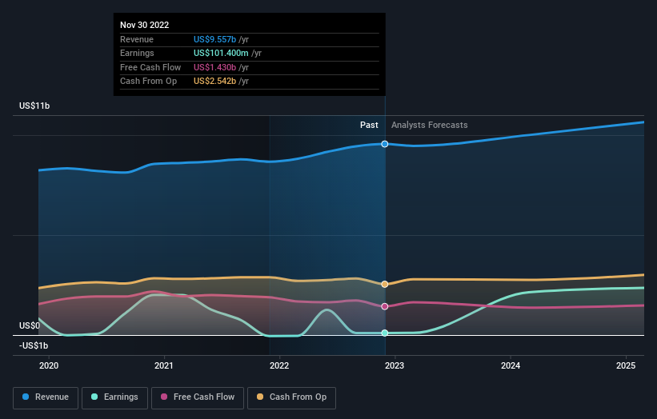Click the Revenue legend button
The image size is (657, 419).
point(46,397)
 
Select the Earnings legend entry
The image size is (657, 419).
point(114,397)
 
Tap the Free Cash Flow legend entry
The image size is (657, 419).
point(198,397)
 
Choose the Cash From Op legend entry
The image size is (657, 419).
point(291,397)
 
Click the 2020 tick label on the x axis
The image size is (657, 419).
point(49,365)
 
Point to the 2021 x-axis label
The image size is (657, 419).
point(164,365)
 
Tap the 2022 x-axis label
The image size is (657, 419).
point(279,365)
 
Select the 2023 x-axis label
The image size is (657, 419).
point(395,365)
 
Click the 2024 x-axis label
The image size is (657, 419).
point(511,365)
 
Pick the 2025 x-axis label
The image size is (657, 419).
point(626,365)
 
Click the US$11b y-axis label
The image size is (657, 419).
point(34,106)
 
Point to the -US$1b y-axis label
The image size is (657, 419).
point(34,345)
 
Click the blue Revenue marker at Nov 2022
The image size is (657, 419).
point(385,144)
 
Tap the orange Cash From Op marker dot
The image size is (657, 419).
point(385,284)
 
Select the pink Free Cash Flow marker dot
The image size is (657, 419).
point(385,306)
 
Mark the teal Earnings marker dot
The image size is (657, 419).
point(385,333)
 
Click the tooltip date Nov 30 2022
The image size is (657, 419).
point(145,25)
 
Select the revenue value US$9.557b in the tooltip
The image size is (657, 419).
point(214,39)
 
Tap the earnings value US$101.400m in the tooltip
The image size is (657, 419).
point(221,53)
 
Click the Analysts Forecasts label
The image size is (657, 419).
point(430,126)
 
